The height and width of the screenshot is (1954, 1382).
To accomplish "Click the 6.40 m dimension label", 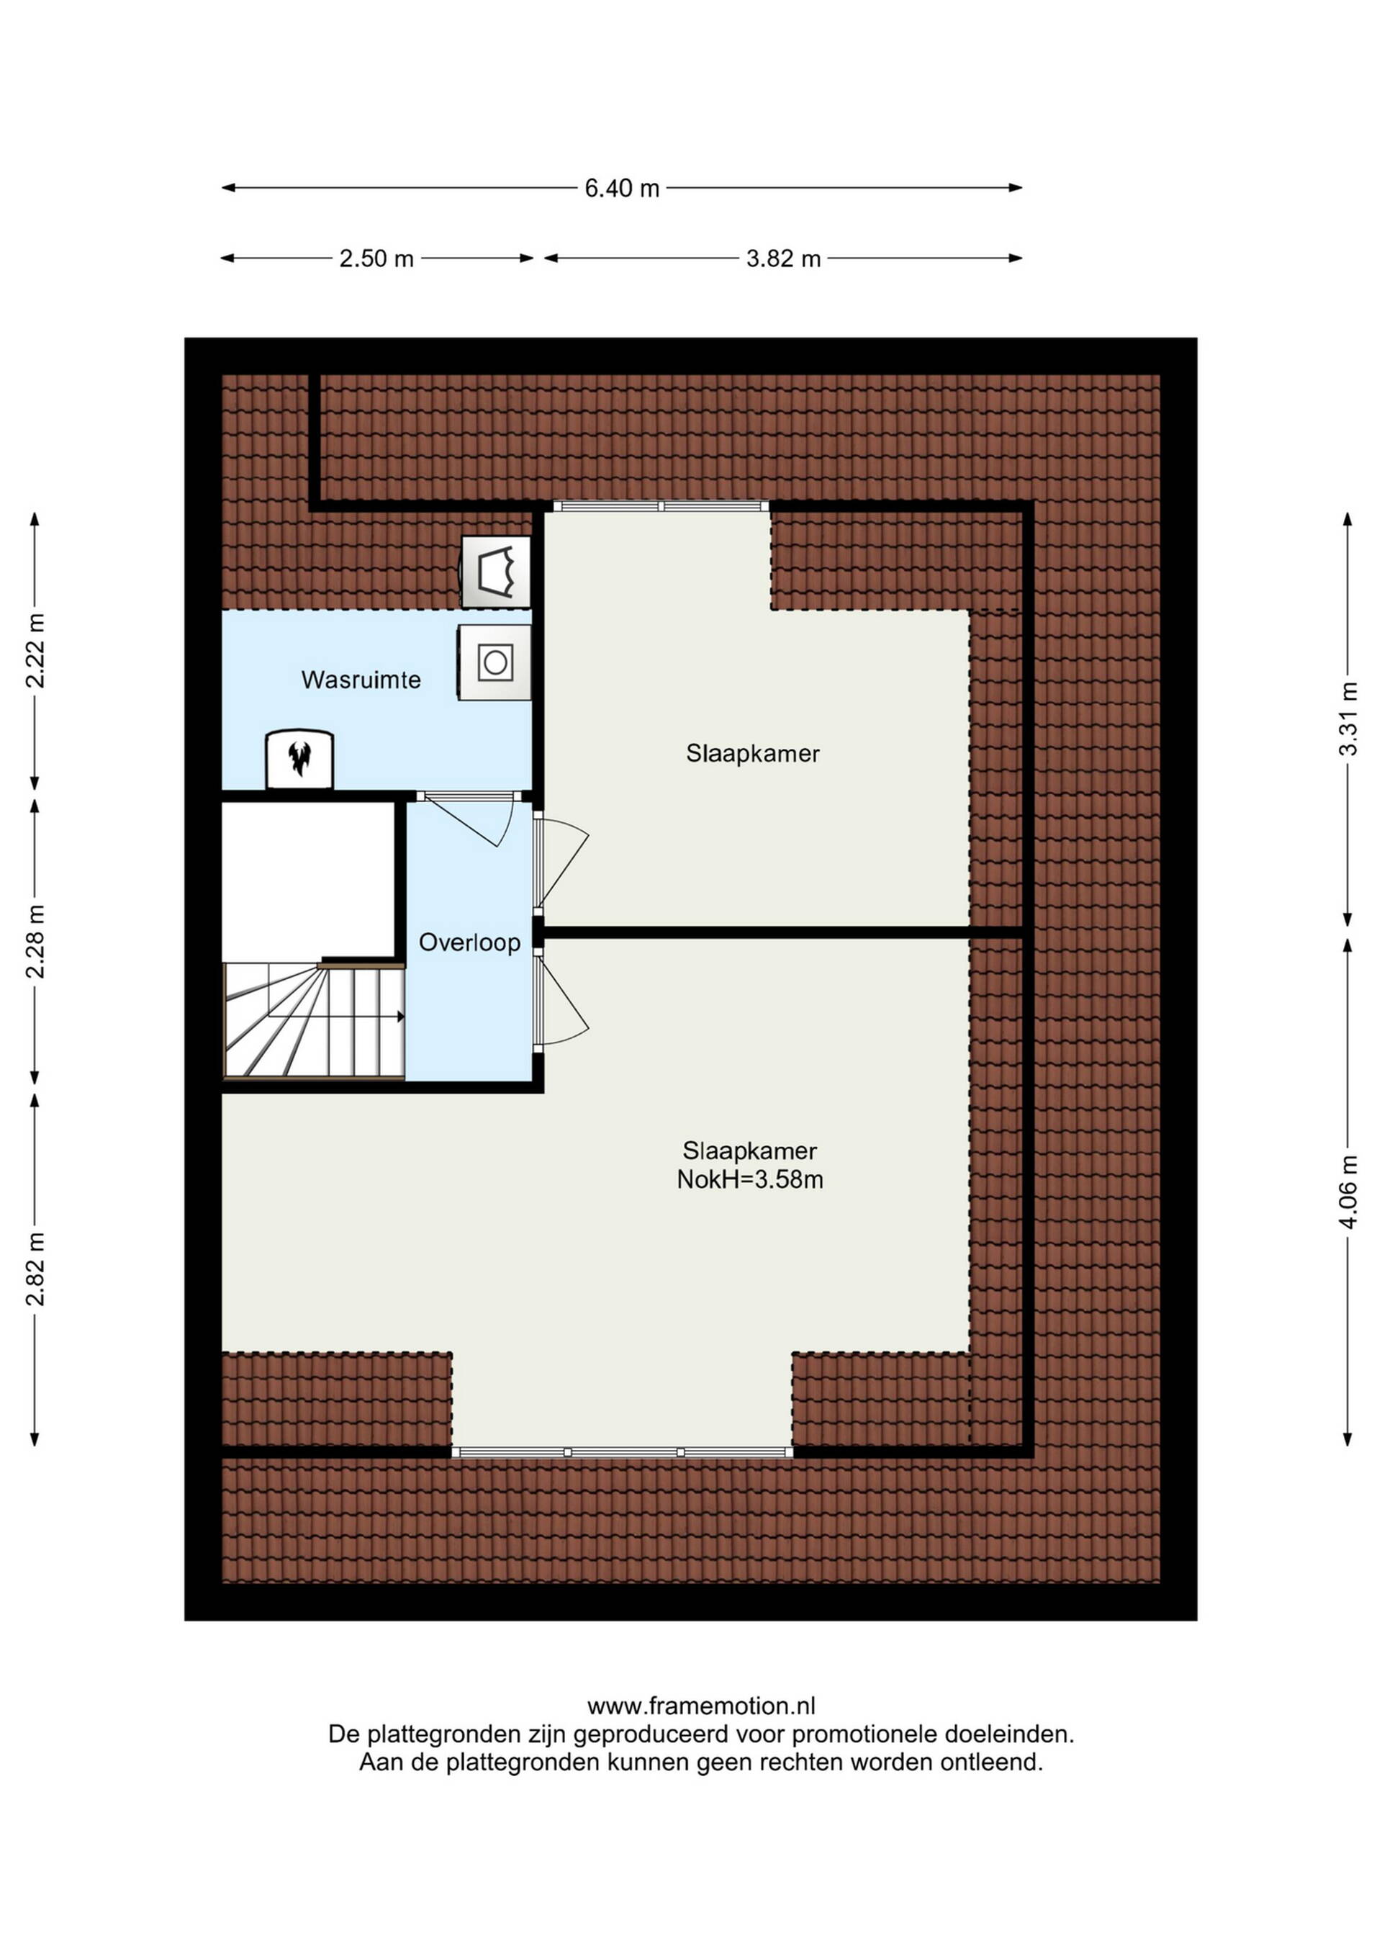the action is [621, 188].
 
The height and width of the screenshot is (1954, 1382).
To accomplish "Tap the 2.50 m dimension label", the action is [376, 258].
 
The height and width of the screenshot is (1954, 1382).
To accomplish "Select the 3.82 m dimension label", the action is [783, 258].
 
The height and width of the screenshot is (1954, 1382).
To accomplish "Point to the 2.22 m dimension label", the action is [35, 650].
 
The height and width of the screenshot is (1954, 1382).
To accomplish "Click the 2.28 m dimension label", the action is [35, 940].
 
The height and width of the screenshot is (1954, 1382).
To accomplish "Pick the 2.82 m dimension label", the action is [35, 1268].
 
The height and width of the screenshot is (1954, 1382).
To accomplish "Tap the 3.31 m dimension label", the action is [1348, 719].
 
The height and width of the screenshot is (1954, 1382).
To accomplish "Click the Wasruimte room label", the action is [361, 680].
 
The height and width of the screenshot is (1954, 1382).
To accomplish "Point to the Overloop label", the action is [469, 942].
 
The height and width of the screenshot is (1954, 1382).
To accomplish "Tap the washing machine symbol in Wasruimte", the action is [494, 662].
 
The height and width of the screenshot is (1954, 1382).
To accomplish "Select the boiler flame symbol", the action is [299, 758].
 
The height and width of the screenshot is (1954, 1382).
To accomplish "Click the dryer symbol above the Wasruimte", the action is [495, 571].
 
